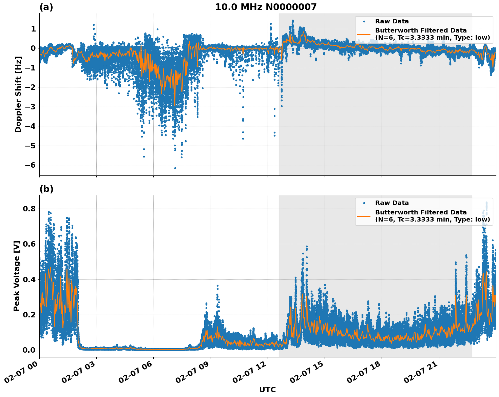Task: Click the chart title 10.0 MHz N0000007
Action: coord(266,7)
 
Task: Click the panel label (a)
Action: coord(46,7)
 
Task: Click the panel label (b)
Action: coord(46,189)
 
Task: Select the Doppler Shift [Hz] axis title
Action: coord(18,94)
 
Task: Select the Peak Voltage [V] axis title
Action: coord(17,276)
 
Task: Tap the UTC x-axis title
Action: coord(267,390)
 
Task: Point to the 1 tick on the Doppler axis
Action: coord(33,29)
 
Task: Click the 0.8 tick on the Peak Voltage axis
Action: coord(29,209)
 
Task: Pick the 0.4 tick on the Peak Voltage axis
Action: coord(29,280)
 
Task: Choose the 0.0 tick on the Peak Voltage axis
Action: coord(29,350)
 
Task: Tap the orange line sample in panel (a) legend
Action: coord(364,34)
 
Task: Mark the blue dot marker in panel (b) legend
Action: coord(364,203)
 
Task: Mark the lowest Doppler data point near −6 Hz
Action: coord(175,168)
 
